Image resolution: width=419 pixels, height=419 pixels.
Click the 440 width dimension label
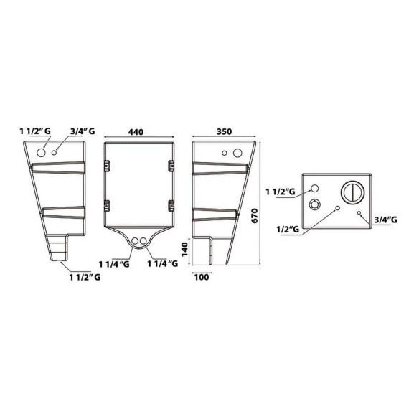pos(136,132)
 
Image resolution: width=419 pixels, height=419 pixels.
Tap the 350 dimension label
pos(224,132)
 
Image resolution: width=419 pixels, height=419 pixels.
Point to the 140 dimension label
pos(185,250)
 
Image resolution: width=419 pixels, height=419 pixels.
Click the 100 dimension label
pos(202,277)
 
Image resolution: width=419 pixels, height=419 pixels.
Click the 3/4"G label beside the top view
pos(385,220)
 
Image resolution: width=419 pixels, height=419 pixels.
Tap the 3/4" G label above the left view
pos(83,131)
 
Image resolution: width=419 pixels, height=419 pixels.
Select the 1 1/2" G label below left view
pos(85,277)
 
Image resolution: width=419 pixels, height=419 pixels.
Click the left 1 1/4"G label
pos(114,264)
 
